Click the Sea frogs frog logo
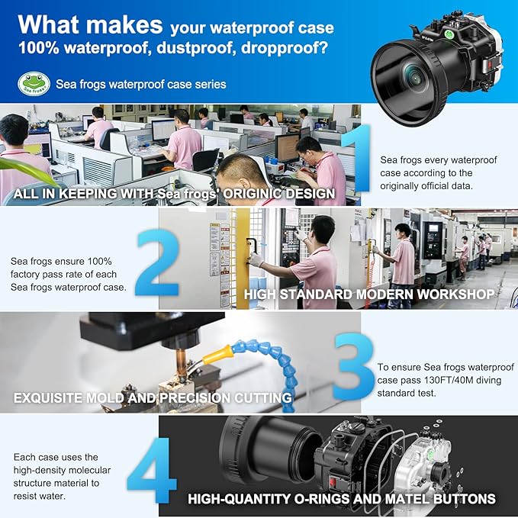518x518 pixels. coord(34,84)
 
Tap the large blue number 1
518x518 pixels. coord(358,158)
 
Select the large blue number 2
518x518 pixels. coord(158,262)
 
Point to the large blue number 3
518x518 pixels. coord(353,366)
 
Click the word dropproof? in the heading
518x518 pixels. coord(285,48)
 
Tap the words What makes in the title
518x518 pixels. coord(90,24)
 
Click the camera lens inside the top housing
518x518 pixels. coord(413,76)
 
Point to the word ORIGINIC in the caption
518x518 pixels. coord(252,194)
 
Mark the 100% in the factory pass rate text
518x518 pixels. coord(99,262)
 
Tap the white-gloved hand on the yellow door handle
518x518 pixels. coord(256,259)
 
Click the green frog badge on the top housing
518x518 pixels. coord(449,34)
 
